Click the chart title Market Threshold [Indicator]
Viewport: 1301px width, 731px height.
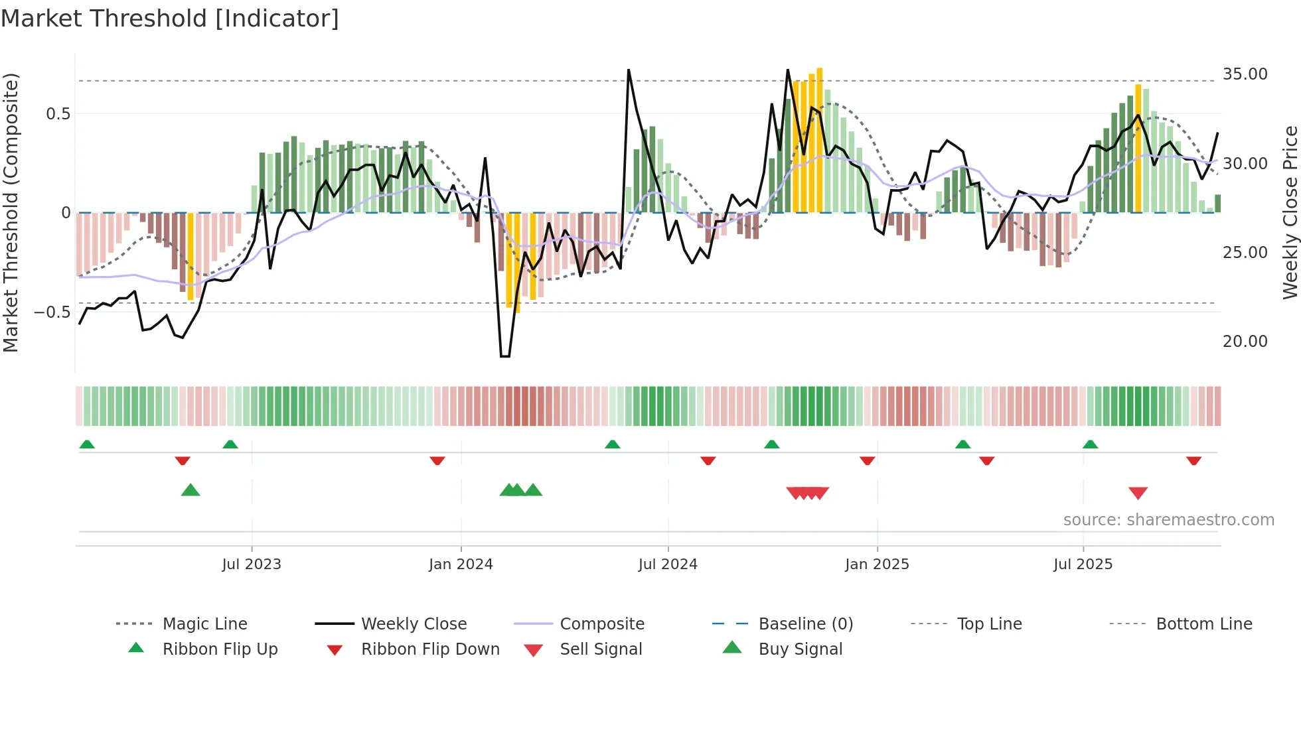pyautogui.click(x=170, y=19)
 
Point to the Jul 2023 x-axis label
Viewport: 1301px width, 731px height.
pyautogui.click(x=252, y=565)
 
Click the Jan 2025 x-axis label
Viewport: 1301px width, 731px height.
pyautogui.click(x=877, y=565)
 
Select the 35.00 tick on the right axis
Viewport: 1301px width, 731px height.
pyautogui.click(x=1245, y=74)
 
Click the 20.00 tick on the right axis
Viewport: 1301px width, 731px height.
pyautogui.click(x=1245, y=342)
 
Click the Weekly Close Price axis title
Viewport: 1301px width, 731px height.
pyautogui.click(x=1290, y=212)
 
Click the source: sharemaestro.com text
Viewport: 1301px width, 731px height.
pyautogui.click(x=1168, y=520)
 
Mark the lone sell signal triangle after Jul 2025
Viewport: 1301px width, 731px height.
pyautogui.click(x=1138, y=493)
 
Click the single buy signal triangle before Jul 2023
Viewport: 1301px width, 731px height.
pyautogui.click(x=191, y=490)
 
